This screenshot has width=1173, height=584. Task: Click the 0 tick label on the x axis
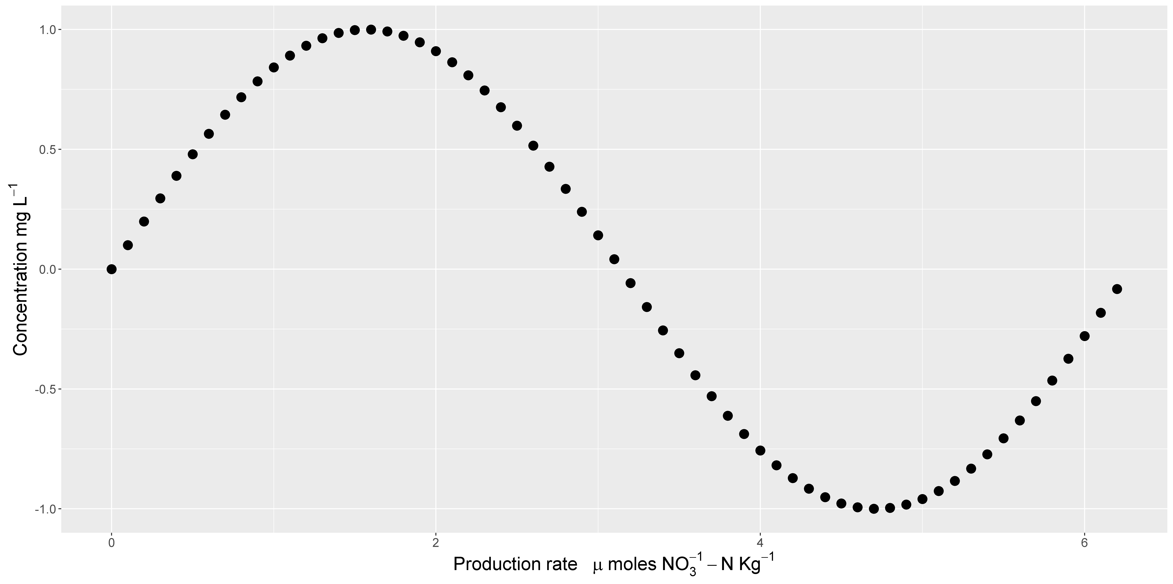(111, 543)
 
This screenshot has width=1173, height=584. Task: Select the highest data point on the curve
(371, 30)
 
